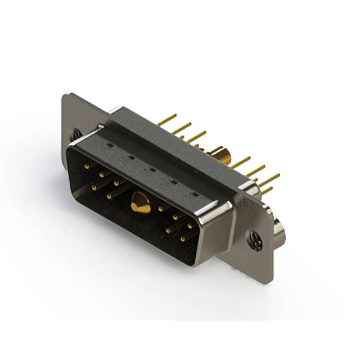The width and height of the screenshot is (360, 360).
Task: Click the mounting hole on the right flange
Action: [x=256, y=241]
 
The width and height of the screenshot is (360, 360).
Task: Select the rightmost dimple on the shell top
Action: [x=194, y=194]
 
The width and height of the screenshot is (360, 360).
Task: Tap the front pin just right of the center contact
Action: [x=163, y=208]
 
